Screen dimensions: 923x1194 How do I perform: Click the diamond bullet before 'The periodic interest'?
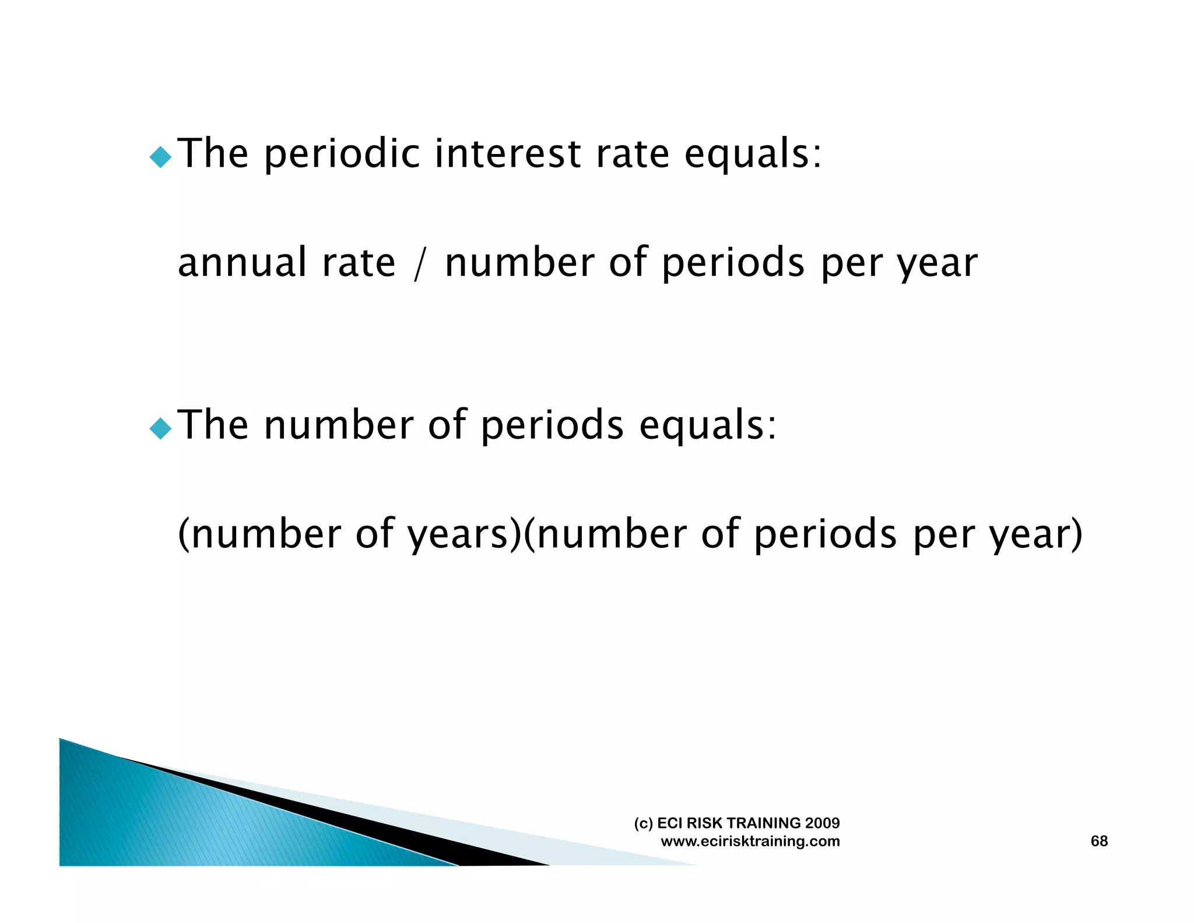(160, 157)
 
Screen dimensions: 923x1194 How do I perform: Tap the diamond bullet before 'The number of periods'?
(160, 429)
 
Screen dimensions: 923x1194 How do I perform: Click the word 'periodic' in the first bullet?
(342, 155)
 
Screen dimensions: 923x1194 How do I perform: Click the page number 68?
(1099, 841)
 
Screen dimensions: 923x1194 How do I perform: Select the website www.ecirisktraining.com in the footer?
(750, 841)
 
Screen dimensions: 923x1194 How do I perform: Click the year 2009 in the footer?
(822, 823)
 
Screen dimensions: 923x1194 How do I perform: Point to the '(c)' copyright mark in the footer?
(643, 823)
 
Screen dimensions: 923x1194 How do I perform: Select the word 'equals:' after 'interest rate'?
(753, 155)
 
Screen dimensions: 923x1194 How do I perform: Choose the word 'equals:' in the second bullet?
(708, 425)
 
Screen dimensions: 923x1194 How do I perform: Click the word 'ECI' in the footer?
(670, 823)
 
